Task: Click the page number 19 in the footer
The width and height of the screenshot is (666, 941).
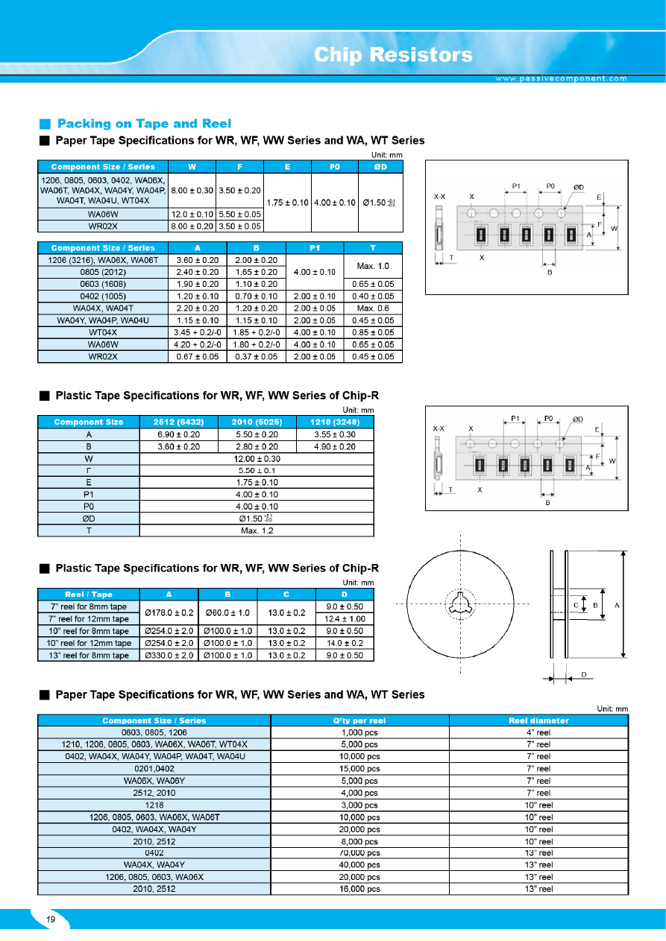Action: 51,919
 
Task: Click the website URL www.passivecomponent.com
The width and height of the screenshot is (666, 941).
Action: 562,78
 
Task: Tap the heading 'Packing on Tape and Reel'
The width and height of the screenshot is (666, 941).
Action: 144,124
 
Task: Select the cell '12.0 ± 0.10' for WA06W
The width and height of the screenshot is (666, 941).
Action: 192,214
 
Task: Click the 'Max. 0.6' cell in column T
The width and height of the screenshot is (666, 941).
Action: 373,308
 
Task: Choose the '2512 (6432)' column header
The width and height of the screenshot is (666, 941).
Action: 179,422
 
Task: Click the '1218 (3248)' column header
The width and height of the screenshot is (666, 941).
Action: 334,422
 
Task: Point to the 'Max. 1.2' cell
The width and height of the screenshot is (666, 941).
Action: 257,530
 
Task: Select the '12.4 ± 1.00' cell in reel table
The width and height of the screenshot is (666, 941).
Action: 345,618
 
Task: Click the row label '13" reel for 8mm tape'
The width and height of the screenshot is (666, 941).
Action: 88,655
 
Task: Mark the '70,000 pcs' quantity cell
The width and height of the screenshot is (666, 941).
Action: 359,852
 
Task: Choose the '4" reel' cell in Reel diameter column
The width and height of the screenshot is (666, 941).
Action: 538,732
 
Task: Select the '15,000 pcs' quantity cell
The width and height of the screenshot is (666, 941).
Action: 359,768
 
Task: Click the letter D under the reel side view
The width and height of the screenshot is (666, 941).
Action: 584,674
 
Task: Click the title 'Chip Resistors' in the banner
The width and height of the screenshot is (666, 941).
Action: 393,54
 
